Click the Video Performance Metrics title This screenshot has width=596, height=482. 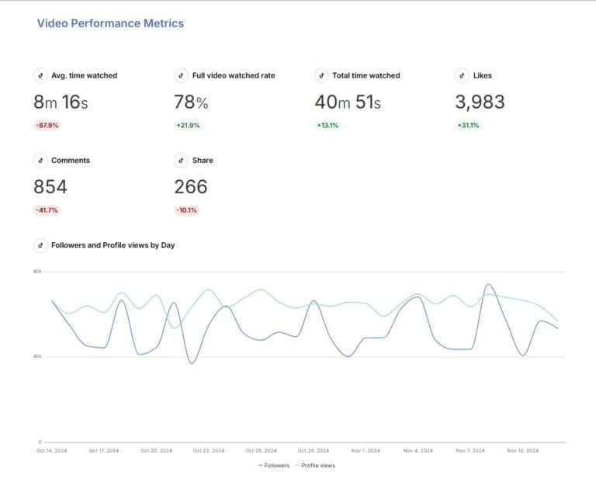coord(110,23)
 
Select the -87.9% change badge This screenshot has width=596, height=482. coord(47,125)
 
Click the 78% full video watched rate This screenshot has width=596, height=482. coord(191,102)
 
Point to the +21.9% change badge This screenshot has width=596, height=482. coord(187,125)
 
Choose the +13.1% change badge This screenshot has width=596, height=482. coord(327,125)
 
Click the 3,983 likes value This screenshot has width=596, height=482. coord(479,102)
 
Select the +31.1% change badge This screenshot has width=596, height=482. coord(468,125)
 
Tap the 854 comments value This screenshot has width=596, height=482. coord(50,186)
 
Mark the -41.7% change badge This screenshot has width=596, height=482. coord(47,210)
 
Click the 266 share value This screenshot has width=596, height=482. coord(190,186)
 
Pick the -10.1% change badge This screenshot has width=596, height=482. coord(187,210)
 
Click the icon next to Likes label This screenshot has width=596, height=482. coord(462,75)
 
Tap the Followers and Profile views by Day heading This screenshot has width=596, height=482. coord(113,245)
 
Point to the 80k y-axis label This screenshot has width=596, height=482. coord(37,271)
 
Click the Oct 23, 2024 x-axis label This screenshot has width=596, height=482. coord(208,450)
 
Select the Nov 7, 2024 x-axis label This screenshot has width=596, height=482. coord(470,450)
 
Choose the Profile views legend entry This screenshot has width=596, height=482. coord(316,466)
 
